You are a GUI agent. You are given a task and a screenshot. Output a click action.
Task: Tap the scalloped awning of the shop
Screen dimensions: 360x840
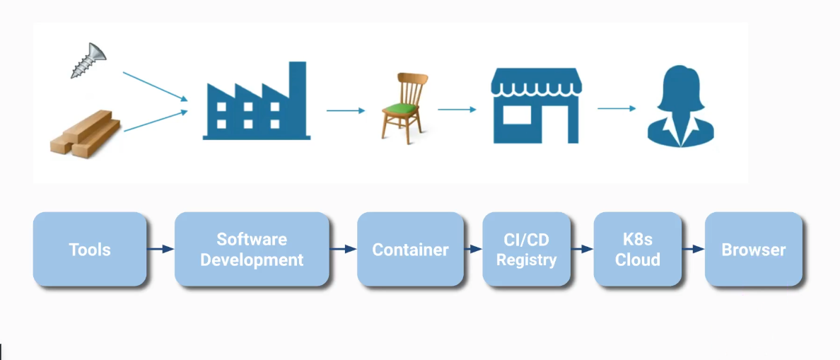[x=537, y=83]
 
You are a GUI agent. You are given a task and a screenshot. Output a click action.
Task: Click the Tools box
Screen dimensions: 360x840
[x=90, y=250]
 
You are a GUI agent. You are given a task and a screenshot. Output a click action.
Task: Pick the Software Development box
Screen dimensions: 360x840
[x=252, y=250]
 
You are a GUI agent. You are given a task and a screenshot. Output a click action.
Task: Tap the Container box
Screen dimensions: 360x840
[x=410, y=250]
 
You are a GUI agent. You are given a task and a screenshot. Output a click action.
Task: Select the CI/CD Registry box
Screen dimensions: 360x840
[x=526, y=250]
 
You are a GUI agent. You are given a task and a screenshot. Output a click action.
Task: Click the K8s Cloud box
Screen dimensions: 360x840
[x=637, y=250]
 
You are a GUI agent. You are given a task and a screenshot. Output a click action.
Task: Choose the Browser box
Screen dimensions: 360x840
[x=753, y=250]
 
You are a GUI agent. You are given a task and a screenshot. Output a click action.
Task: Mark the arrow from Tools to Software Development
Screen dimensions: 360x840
[x=161, y=249]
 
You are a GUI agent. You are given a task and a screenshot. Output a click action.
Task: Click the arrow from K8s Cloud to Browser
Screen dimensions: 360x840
[x=693, y=249]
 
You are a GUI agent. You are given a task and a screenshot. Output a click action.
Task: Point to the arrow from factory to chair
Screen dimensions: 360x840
[x=345, y=110]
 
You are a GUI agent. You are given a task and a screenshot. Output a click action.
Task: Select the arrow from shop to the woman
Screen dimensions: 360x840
[x=616, y=108]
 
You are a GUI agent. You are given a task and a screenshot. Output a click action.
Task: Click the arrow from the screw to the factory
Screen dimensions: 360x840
[x=155, y=86]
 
